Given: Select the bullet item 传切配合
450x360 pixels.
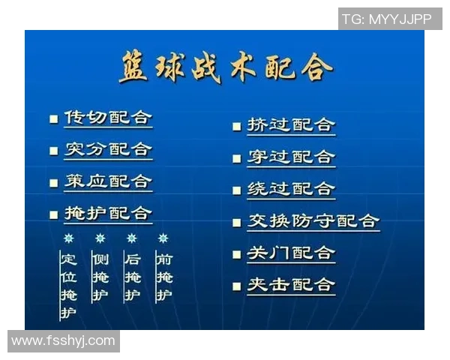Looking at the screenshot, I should [x=107, y=118].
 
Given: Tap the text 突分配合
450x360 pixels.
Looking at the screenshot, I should [x=107, y=149].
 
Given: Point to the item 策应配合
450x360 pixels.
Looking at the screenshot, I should [x=107, y=181].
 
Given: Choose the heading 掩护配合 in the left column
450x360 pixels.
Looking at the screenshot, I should [x=107, y=214].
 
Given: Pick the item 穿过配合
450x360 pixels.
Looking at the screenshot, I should [x=291, y=157].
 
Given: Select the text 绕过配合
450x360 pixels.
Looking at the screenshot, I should [x=291, y=189].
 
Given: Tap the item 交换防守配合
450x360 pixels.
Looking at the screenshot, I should [x=313, y=221].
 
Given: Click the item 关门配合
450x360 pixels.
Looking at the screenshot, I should [x=291, y=253].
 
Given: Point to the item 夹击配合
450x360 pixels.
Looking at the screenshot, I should [x=291, y=285].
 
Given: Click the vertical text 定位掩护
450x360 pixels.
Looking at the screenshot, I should [x=68, y=286].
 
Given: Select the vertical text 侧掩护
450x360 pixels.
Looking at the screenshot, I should [x=100, y=277].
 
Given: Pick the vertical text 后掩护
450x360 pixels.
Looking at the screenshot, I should [x=132, y=277].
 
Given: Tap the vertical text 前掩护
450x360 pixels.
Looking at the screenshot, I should [x=163, y=277].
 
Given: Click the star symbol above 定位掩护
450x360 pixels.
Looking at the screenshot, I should [x=68, y=238].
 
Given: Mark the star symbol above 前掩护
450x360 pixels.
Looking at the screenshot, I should [x=163, y=238].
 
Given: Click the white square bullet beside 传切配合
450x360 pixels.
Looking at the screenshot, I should [x=53, y=118].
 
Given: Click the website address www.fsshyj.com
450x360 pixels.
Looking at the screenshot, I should [x=64, y=341].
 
